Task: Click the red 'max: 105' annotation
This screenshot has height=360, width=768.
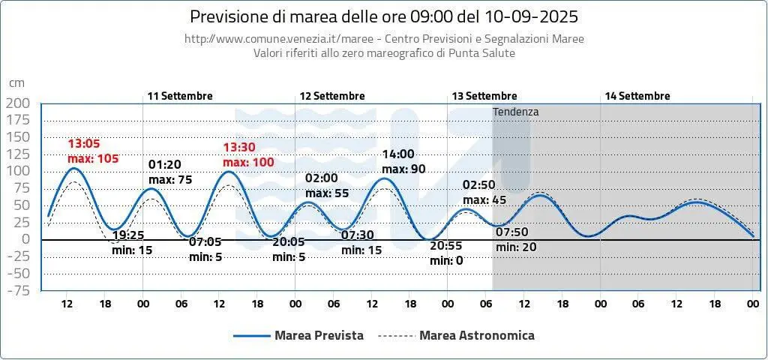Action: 93,159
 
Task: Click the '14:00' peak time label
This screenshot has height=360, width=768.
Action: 398,154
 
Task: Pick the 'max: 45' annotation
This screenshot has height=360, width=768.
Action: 484,199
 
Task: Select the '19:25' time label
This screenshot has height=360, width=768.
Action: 127,235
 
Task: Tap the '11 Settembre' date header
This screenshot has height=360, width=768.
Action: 180,96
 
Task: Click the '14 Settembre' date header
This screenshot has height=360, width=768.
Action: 637,96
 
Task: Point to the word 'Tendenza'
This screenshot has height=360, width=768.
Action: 516,112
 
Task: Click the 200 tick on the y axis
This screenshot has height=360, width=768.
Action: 18,103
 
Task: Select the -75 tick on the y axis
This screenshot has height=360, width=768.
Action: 18,290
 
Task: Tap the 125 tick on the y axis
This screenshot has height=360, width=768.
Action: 18,154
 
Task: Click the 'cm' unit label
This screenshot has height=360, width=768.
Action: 16,83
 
